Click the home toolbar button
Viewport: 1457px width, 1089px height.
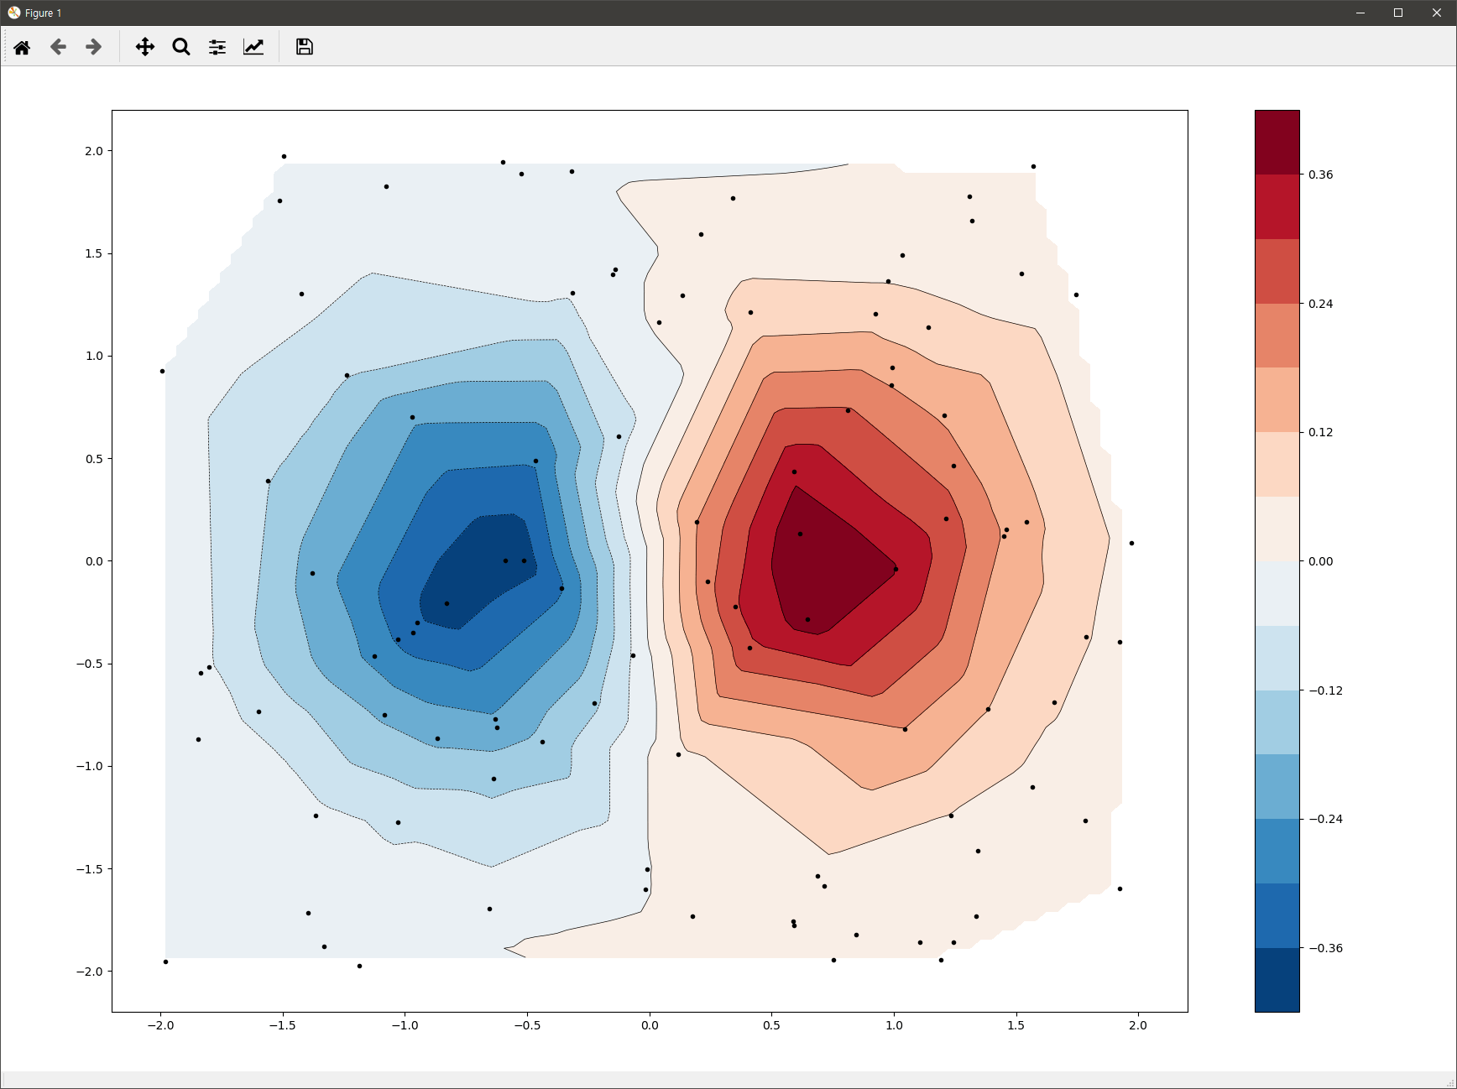pyautogui.click(x=22, y=47)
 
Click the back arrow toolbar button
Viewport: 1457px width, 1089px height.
pyautogui.click(x=58, y=47)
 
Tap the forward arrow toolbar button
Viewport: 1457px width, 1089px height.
pyautogui.click(x=94, y=47)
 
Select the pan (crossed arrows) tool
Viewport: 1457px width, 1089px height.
pyautogui.click(x=145, y=47)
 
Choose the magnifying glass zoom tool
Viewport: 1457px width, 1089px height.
pyautogui.click(x=181, y=47)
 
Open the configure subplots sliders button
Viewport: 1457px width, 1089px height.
pyautogui.click(x=217, y=47)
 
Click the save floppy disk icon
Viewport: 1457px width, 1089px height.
pyautogui.click(x=305, y=47)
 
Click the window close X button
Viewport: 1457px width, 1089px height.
pyautogui.click(x=1436, y=13)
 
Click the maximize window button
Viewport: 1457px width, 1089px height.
pyautogui.click(x=1398, y=13)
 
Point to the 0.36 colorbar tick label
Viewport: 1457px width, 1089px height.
pyautogui.click(x=1320, y=175)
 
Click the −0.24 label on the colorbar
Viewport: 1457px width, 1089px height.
pyautogui.click(x=1325, y=819)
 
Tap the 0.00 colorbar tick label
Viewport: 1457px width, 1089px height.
pyautogui.click(x=1320, y=561)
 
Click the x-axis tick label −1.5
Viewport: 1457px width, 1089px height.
pyautogui.click(x=282, y=1025)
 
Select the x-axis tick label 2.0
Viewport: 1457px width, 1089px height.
pyautogui.click(x=1137, y=1025)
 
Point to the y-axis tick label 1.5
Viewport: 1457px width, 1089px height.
pyautogui.click(x=93, y=253)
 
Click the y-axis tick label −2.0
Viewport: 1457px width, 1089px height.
pyautogui.click(x=89, y=972)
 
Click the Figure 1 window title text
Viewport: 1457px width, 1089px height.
pyautogui.click(x=43, y=13)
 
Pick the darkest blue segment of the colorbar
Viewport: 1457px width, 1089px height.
pyautogui.click(x=1277, y=980)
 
